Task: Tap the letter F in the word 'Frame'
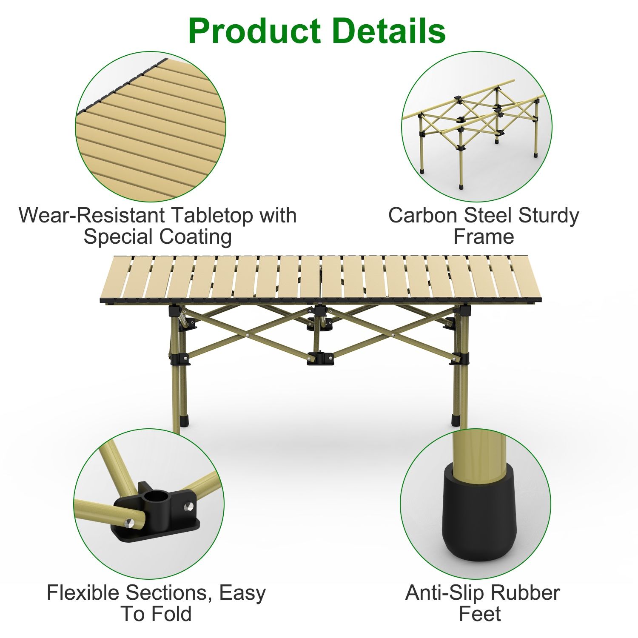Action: coord(459,237)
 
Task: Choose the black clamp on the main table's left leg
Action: coord(180,359)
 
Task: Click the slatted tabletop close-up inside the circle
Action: coord(151,127)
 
